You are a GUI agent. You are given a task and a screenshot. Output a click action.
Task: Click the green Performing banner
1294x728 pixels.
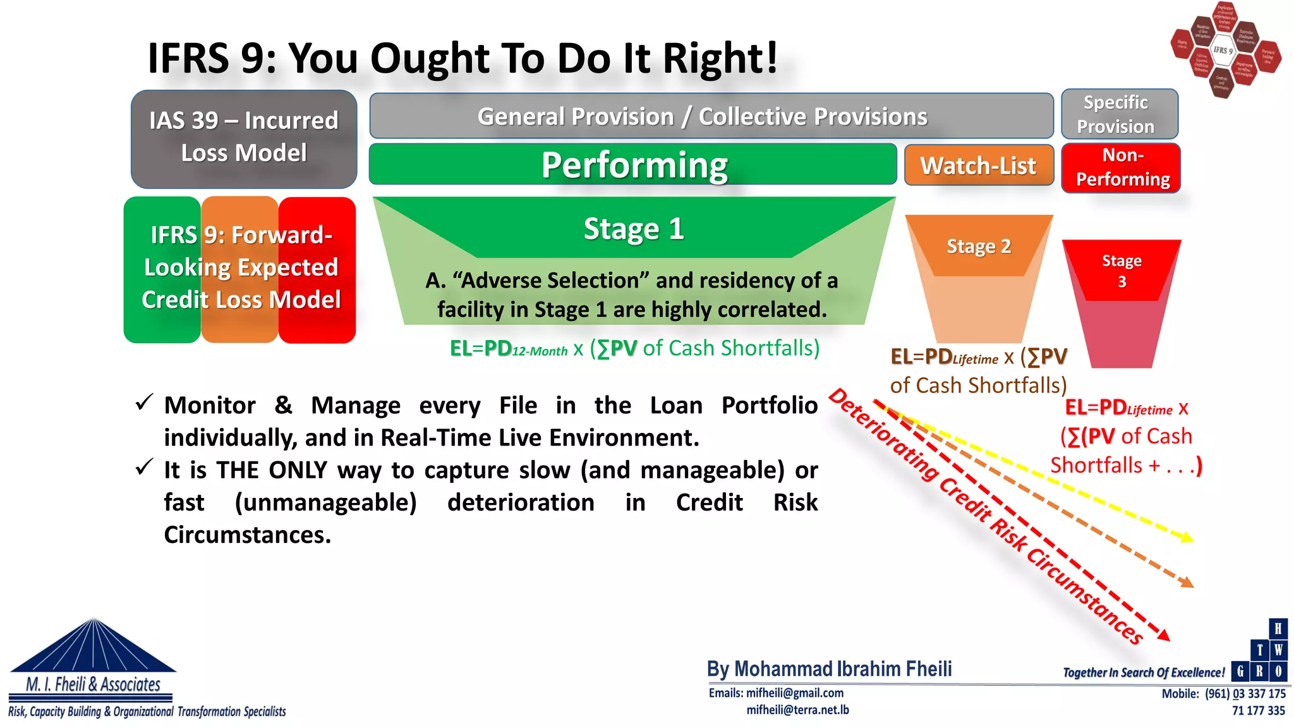click(633, 165)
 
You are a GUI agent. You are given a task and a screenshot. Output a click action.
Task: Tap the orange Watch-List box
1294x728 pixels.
click(978, 166)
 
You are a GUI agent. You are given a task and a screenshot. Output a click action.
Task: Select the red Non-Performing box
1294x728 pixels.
click(1122, 167)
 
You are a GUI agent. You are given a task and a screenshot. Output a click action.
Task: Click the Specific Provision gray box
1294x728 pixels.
click(1119, 114)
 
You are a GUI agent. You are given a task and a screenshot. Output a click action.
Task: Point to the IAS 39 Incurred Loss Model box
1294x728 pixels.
click(244, 138)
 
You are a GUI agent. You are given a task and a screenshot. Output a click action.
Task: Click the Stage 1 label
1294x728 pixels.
click(633, 228)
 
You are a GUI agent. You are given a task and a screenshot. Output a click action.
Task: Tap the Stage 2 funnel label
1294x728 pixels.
click(978, 246)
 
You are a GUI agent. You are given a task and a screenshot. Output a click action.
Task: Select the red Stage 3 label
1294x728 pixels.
click(1122, 270)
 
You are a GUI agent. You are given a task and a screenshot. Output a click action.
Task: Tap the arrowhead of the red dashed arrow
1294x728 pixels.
click(1165, 636)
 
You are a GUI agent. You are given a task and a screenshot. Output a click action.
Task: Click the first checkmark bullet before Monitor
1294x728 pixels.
click(144, 402)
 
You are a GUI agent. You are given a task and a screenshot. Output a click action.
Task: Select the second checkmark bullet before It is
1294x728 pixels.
click(144, 467)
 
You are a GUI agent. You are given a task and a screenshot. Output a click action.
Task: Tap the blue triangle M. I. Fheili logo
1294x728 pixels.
click(94, 648)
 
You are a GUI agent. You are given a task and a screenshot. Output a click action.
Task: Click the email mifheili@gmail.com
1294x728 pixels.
click(794, 693)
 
